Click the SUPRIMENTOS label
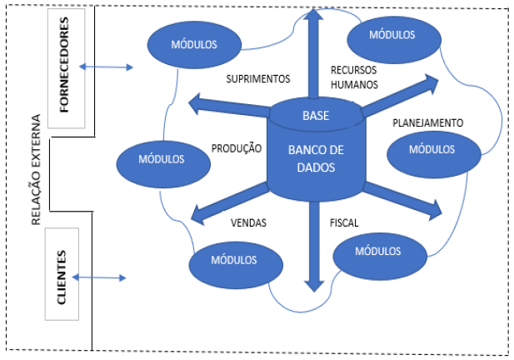(x=258, y=80)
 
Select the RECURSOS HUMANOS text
(x=354, y=77)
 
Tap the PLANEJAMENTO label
(x=427, y=122)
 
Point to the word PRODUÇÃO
(x=237, y=148)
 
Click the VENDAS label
(x=247, y=222)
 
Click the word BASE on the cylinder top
(x=315, y=115)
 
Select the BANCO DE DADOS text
(x=315, y=159)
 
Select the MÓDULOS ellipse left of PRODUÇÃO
(x=159, y=157)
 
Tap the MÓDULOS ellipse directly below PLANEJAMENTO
(x=431, y=150)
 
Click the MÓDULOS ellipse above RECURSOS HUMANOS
(x=392, y=35)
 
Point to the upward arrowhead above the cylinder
(x=314, y=17)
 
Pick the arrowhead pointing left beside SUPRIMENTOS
(x=197, y=104)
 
